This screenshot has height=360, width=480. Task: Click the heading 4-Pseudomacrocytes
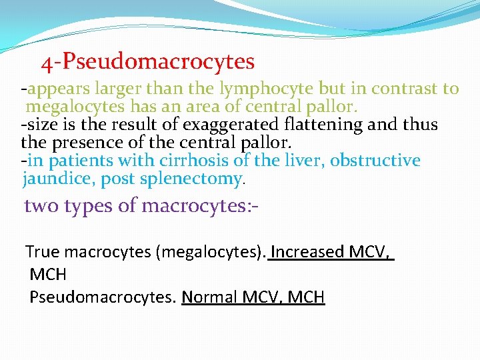(147, 62)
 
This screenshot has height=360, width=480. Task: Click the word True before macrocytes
(43, 252)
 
